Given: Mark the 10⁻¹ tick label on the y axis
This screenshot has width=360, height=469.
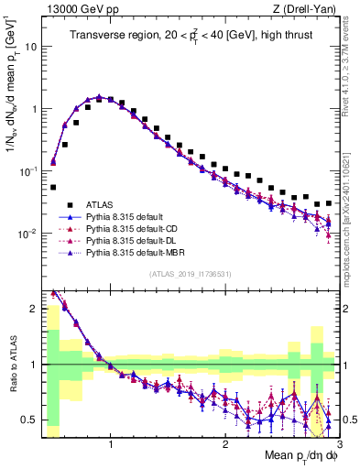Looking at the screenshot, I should tap(28, 170).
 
